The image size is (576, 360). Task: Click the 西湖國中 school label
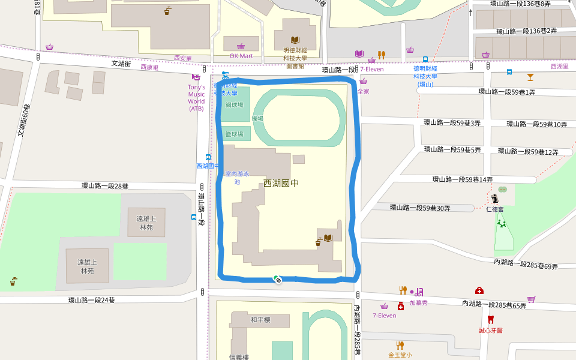pos(281,183)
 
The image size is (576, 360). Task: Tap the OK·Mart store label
pos(241,56)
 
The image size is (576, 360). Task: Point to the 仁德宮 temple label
pos(494,209)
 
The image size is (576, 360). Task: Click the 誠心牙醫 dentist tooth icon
pos(490,320)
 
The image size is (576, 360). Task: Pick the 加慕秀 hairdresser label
pos(418,303)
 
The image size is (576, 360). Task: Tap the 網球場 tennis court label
pos(235,104)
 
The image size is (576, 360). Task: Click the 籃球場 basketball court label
pos(234,134)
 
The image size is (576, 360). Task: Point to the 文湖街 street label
pos(121,63)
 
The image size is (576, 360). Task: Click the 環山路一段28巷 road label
pos(105,186)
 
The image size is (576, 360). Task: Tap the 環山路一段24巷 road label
pos(91,300)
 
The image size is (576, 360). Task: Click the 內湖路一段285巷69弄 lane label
pos(526,264)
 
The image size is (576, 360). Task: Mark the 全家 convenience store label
pos(363,92)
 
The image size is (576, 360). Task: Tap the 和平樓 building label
pos(260,320)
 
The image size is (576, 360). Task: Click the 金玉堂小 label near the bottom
pos(400,355)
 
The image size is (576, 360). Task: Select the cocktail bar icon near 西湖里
pos(530,77)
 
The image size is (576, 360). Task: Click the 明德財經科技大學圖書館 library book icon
pos(295,40)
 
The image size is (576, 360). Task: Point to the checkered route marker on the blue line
pos(277,278)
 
